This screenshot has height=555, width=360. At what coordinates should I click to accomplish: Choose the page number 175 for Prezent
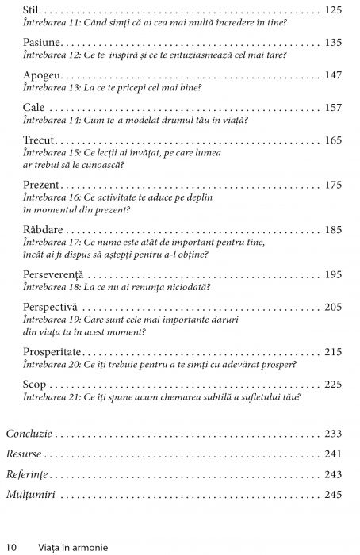point(334,185)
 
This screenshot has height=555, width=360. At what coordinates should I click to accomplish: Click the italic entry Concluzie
point(29,434)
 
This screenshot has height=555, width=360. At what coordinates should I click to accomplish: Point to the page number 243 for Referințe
point(334,474)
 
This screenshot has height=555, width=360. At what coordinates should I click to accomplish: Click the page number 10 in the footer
point(12,547)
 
